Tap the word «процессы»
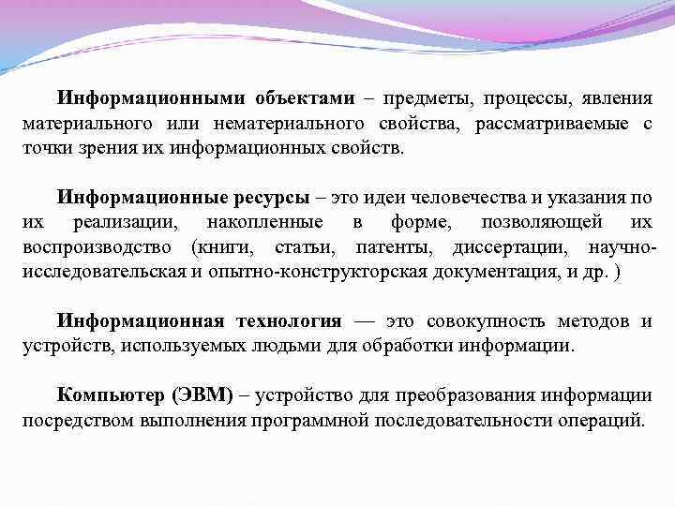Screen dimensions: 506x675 521,98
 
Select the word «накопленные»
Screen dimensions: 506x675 268,223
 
